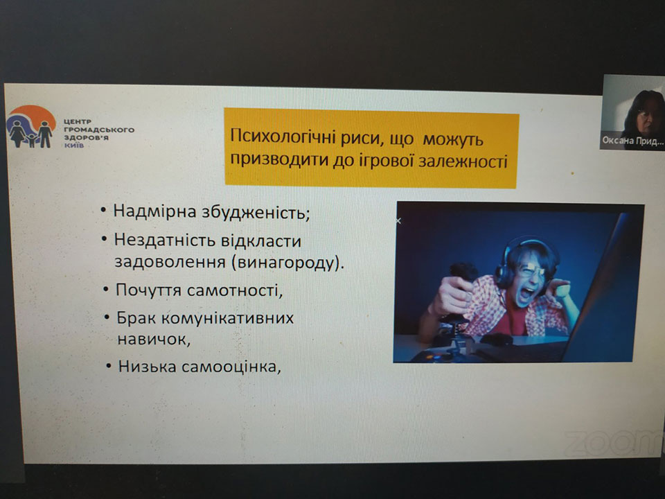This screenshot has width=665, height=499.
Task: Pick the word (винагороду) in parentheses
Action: pyautogui.click(x=288, y=263)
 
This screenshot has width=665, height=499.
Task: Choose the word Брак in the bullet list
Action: pyautogui.click(x=136, y=318)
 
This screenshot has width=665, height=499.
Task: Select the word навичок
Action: pyautogui.click(x=154, y=340)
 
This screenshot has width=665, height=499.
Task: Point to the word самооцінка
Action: pyautogui.click(x=231, y=367)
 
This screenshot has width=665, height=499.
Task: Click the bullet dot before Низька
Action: pyautogui.click(x=109, y=366)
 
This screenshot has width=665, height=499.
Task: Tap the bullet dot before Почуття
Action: pyautogui.click(x=106, y=290)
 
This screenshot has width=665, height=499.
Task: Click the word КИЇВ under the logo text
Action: pyautogui.click(x=74, y=146)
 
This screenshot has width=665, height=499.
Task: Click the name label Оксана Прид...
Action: pyautogui.click(x=632, y=141)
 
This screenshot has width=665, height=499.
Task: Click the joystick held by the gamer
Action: pyautogui.click(x=460, y=306)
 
